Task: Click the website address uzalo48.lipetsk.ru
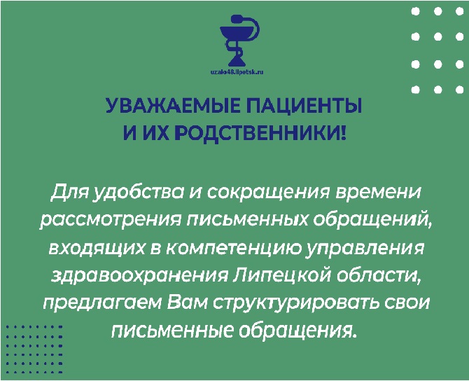pos(237,72)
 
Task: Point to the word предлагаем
pos(102,304)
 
